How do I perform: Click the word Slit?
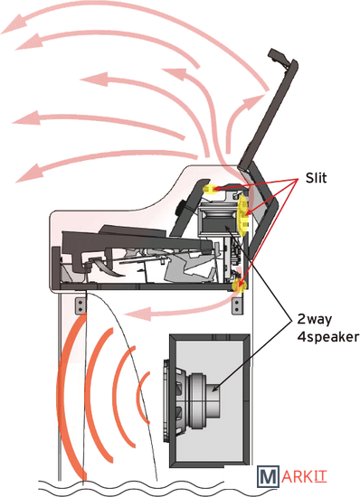tap(316, 178)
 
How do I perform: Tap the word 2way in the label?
tap(315, 319)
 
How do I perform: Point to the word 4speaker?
tap(328, 337)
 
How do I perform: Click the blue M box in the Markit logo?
tap(268, 476)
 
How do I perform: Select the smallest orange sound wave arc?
tap(143, 398)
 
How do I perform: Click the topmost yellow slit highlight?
tap(209, 189)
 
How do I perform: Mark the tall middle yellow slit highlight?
tap(243, 216)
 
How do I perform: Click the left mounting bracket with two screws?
tap(81, 305)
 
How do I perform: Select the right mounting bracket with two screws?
tap(237, 305)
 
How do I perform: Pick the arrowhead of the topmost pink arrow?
tap(14, 24)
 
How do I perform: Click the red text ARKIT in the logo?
tap(304, 476)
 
